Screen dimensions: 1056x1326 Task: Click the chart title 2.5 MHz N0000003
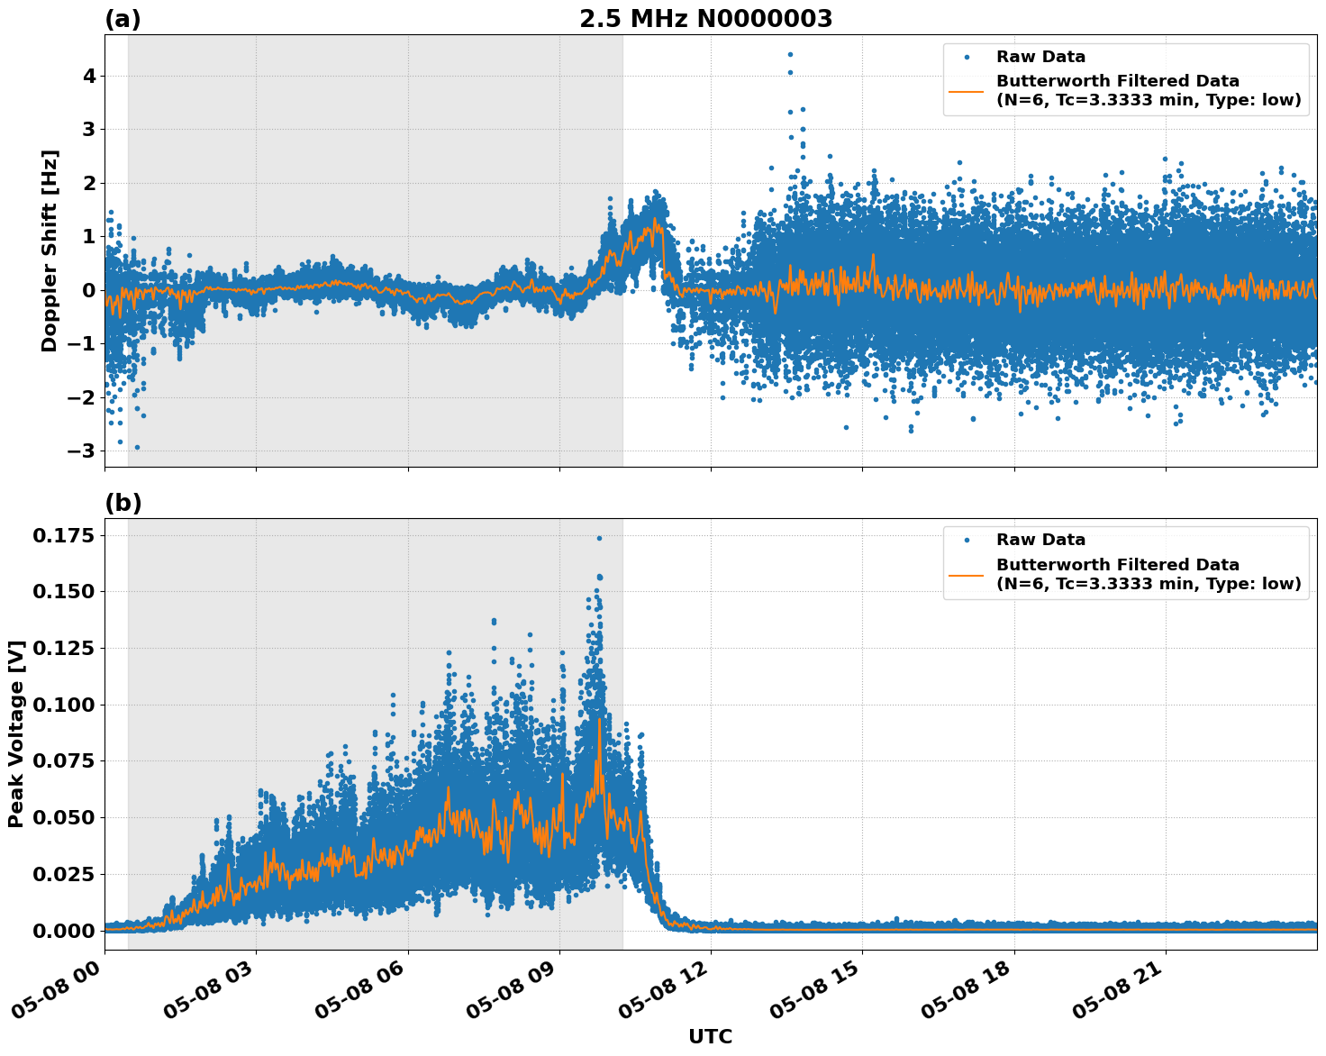click(705, 19)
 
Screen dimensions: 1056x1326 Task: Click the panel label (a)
click(123, 19)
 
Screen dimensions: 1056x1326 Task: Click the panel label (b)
click(123, 503)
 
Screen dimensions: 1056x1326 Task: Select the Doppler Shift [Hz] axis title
click(50, 250)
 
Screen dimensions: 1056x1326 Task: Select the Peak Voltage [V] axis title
click(16, 733)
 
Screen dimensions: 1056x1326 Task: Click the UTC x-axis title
click(710, 1036)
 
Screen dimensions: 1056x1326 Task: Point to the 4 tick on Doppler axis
click(89, 77)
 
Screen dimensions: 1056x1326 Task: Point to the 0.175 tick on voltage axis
click(63, 536)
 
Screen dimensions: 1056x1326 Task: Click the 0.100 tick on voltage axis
click(63, 705)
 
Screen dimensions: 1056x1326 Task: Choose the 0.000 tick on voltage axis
click(63, 931)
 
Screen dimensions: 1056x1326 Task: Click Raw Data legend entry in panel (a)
click(1040, 57)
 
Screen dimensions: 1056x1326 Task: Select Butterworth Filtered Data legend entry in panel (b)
click(1148, 574)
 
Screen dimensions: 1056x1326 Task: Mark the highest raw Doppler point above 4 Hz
click(790, 54)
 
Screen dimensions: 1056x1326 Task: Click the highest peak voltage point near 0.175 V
click(599, 538)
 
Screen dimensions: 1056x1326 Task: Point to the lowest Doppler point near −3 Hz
click(137, 447)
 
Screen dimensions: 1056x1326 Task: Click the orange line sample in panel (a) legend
click(966, 90)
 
